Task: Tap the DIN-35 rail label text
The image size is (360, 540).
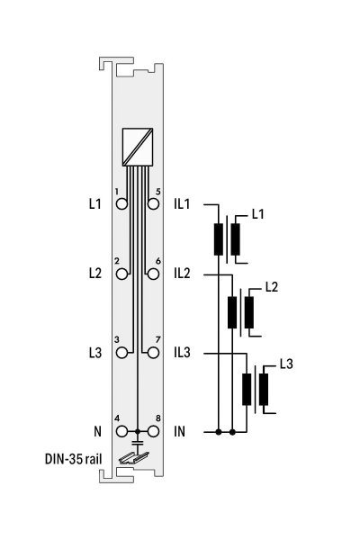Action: click(74, 459)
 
